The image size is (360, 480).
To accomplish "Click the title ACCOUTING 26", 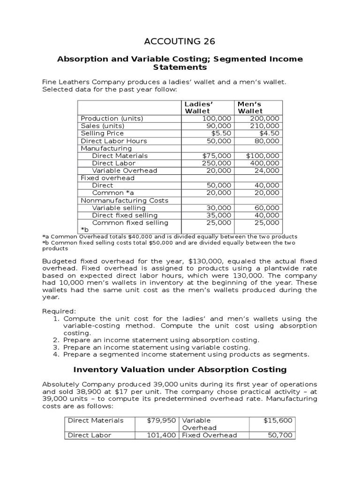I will (x=180, y=41).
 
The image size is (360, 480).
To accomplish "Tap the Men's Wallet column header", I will (x=250, y=107).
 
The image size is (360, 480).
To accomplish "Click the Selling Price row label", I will (x=102, y=133).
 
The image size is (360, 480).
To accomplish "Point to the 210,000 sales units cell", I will (x=265, y=126).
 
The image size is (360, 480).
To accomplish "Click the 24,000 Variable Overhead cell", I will (x=269, y=171).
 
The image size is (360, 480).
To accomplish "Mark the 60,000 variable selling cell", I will (x=269, y=208).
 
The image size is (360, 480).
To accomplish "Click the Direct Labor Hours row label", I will (x=114, y=141).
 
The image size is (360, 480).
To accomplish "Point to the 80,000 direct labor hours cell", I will (x=269, y=141).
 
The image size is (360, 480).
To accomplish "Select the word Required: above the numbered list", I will (x=59, y=311).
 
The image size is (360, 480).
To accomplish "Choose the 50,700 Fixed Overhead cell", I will (x=280, y=435).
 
